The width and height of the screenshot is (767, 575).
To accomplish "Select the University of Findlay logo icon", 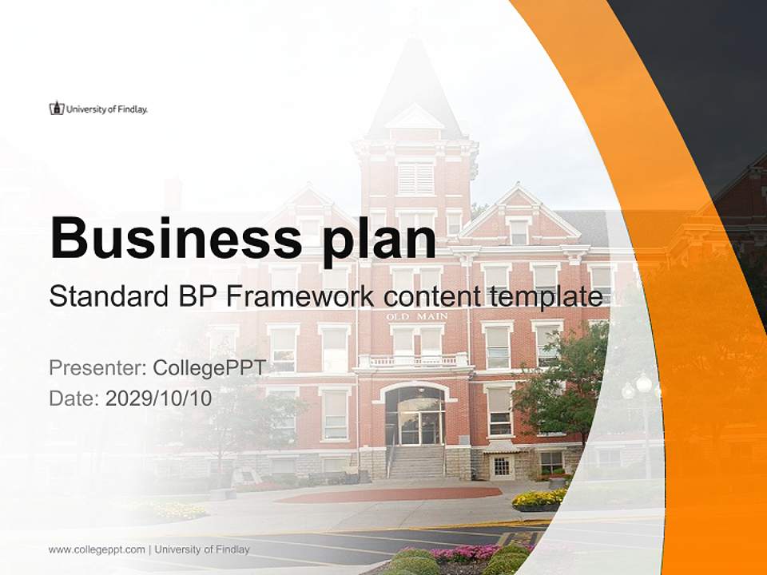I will coord(56,108).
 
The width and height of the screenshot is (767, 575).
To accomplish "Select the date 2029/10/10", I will coord(158,398).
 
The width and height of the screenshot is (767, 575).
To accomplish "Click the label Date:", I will coord(74,398).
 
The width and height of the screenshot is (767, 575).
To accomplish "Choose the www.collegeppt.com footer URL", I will coord(97,549).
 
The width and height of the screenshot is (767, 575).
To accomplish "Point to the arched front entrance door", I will coord(414,416).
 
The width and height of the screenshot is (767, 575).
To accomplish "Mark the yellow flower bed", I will coord(538,498).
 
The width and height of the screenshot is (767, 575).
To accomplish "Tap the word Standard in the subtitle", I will coord(105,297).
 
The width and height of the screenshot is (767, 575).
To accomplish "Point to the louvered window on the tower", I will coord(415,177).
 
